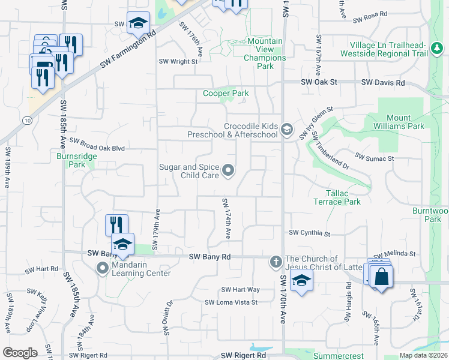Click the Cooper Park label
pos(226,94)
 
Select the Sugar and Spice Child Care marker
pos(228,172)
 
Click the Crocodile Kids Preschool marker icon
pos(287,130)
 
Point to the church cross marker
pos(276,262)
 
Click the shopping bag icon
pos(381,277)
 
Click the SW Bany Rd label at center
pos(209,257)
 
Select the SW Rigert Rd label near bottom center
pos(243,356)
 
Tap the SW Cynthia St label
pos(310,233)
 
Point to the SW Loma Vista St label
pos(231,302)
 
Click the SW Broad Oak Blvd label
pos(97,145)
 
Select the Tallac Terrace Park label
pos(337,197)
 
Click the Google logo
pos(20,353)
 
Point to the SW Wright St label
pos(178,61)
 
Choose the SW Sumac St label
pos(374,157)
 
